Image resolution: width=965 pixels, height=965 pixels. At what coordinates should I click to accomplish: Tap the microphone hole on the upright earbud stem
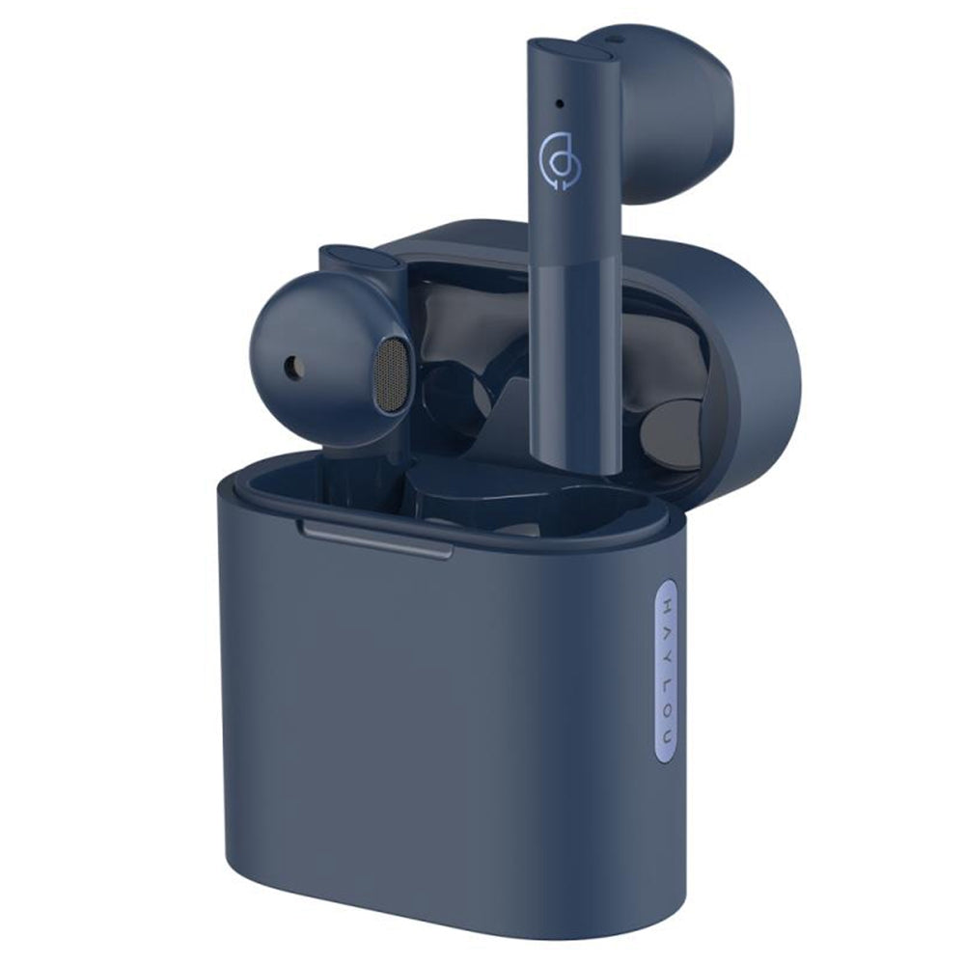[560, 102]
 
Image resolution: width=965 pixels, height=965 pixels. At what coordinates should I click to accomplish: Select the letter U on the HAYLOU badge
[667, 734]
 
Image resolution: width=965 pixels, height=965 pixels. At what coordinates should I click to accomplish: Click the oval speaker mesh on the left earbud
[392, 374]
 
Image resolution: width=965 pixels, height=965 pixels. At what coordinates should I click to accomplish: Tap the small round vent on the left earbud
[294, 367]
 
